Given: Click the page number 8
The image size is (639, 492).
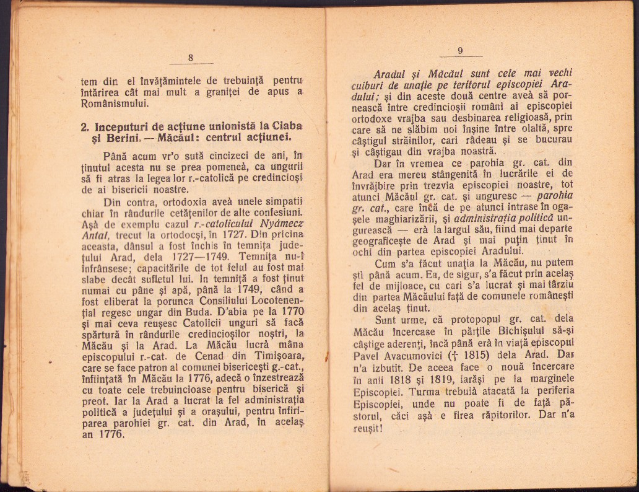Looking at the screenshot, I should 191,58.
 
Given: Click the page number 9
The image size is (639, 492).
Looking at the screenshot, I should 460,51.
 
